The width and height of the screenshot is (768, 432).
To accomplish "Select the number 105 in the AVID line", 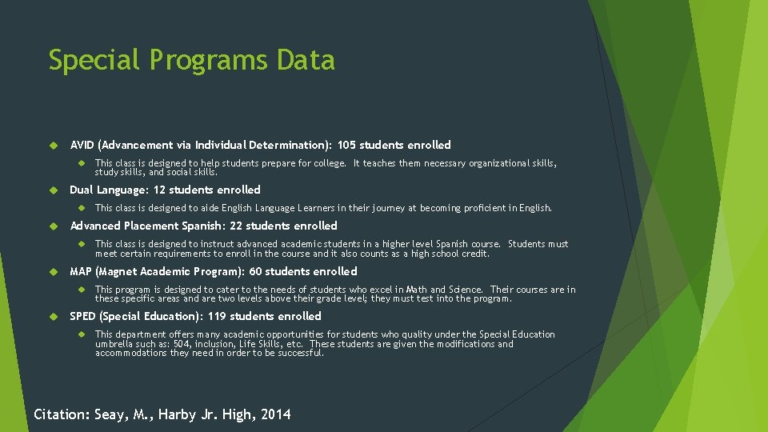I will point(346,145).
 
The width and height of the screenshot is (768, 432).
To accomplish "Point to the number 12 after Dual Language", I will point(159,190).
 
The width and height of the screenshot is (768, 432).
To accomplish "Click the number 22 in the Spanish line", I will point(235,226).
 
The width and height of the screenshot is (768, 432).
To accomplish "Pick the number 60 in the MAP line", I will point(256,271).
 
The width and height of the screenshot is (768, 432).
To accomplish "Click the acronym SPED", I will point(82,316).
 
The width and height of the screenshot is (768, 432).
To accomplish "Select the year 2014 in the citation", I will point(276,414).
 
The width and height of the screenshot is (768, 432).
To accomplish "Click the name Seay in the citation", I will point(110,414).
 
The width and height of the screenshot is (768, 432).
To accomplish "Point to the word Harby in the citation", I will point(178,414).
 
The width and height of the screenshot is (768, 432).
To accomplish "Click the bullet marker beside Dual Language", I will point(56,190).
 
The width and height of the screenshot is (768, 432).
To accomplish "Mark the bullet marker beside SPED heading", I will point(56,317).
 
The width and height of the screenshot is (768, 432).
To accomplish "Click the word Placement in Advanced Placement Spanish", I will point(153,226).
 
